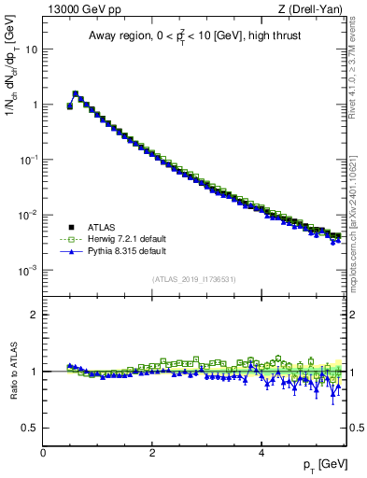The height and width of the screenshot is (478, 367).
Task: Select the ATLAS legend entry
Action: click(x=97, y=226)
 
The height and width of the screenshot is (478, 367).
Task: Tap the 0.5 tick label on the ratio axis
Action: click(x=30, y=428)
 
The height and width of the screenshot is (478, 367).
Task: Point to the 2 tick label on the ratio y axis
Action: click(x=35, y=315)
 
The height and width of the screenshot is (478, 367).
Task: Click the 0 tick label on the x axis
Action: click(x=43, y=452)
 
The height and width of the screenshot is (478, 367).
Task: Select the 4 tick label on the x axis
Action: click(x=261, y=452)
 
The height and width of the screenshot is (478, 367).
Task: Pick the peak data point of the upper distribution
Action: click(x=75, y=93)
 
